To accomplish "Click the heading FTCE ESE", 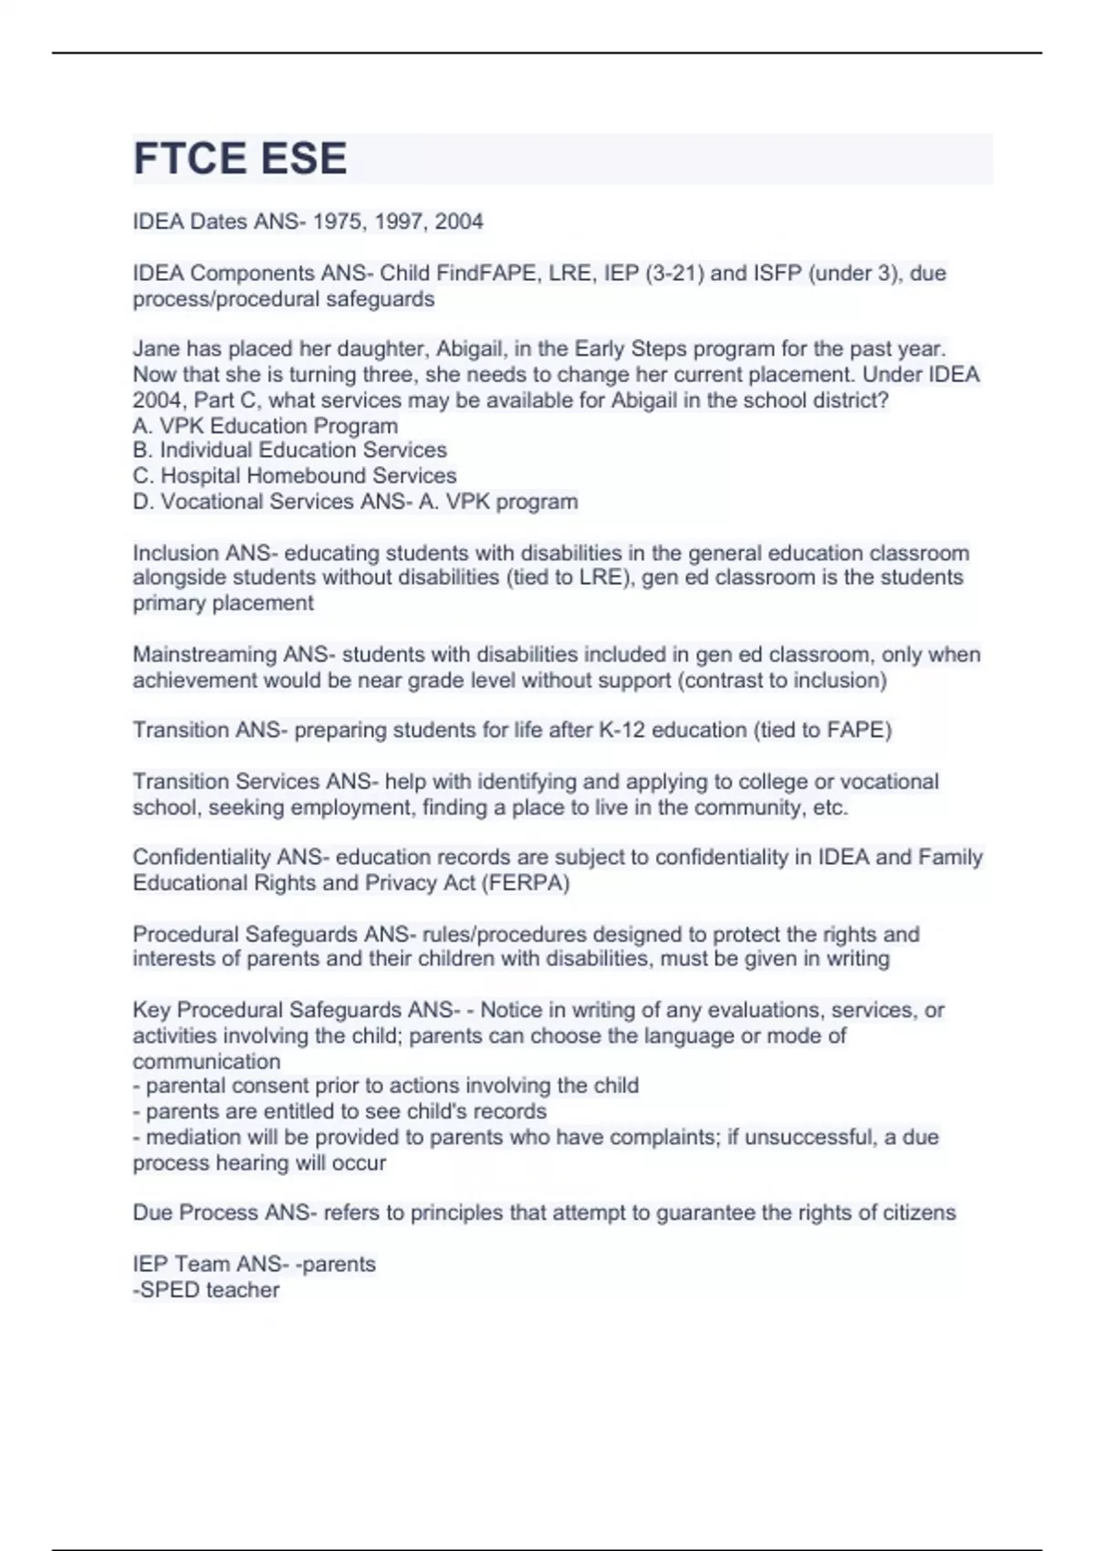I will (240, 159).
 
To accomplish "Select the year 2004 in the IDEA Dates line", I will (459, 222).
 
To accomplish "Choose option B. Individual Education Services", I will (290, 450).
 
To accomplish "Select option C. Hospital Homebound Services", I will (295, 475).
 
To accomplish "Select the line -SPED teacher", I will (206, 1289).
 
